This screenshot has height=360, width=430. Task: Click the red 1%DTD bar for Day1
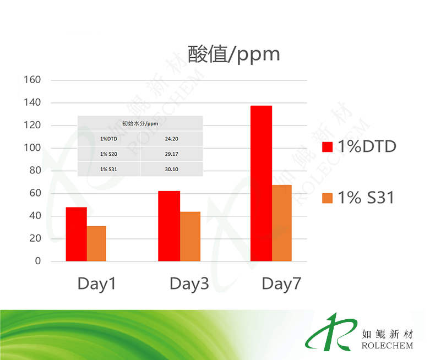(x=76, y=234)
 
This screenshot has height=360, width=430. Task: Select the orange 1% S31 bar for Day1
(x=96, y=243)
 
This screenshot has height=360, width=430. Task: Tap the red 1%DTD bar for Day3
(x=169, y=226)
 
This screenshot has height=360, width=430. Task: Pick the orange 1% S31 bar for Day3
(x=190, y=236)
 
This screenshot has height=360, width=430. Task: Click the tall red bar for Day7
(x=261, y=183)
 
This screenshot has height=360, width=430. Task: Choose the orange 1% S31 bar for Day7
(x=282, y=223)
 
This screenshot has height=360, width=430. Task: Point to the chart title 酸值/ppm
(x=233, y=54)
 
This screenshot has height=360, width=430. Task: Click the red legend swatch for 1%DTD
(x=327, y=147)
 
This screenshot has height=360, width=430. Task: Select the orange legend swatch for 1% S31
(x=327, y=198)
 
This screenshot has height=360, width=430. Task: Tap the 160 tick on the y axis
(x=32, y=80)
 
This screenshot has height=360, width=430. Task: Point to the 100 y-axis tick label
(x=32, y=148)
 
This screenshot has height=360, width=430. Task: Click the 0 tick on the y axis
(x=38, y=261)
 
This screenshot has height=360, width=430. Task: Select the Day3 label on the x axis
(x=189, y=284)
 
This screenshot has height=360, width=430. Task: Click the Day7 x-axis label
(x=281, y=284)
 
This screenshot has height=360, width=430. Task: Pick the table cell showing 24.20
(x=171, y=139)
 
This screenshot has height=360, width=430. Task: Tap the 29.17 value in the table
(x=171, y=154)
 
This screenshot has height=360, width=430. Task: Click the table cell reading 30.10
(x=171, y=170)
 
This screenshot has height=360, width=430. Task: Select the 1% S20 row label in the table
(x=108, y=154)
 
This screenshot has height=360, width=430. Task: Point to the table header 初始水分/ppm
(x=140, y=124)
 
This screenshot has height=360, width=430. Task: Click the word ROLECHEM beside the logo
(x=387, y=346)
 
